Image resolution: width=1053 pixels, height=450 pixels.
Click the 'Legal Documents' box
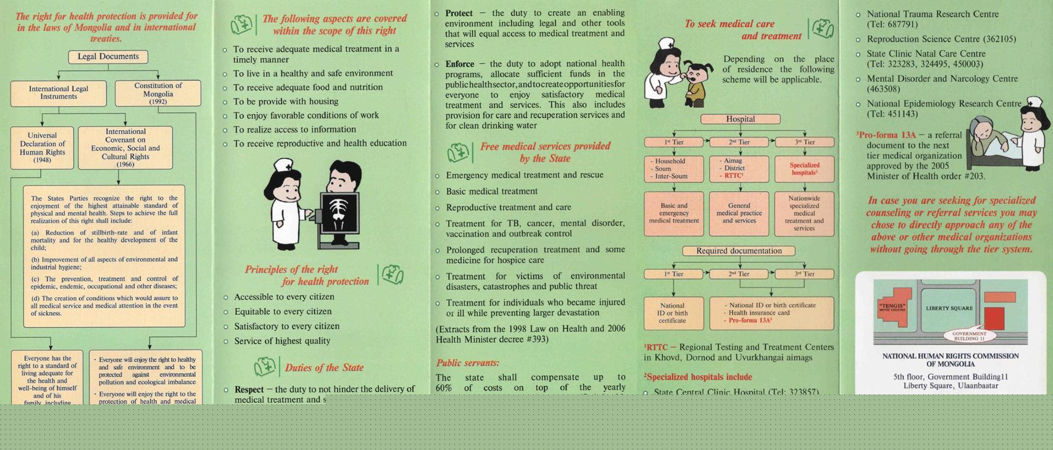[108, 57]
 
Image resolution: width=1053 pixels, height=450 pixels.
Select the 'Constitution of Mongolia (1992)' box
[158, 93]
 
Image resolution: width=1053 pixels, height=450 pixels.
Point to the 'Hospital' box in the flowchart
[740, 119]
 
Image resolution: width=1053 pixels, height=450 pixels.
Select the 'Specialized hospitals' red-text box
[804, 169]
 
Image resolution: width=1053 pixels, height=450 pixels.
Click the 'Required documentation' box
[739, 251]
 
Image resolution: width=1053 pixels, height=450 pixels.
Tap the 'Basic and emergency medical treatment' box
[674, 213]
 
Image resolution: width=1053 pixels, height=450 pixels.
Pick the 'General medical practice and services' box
[739, 213]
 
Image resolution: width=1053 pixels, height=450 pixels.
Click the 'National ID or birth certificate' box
[672, 313]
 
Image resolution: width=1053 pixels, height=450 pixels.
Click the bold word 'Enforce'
[460, 64]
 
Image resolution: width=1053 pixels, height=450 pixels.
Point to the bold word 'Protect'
[459, 13]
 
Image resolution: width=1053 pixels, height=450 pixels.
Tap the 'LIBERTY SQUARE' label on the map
[949, 308]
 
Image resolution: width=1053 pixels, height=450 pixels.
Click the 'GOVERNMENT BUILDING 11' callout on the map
[969, 336]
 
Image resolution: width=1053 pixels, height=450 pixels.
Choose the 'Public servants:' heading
[468, 363]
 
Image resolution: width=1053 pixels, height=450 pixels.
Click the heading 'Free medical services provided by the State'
[545, 152]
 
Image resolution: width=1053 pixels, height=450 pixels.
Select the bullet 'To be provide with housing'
[286, 102]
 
